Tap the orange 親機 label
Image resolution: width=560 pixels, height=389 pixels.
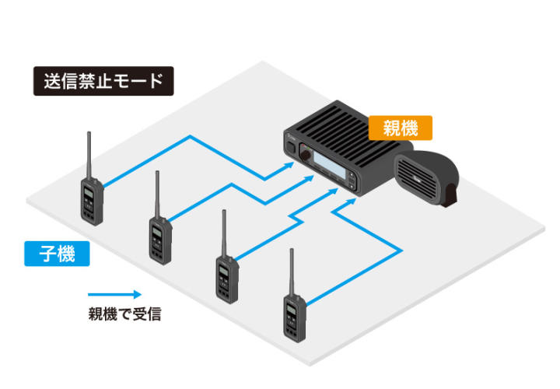pos(400,127)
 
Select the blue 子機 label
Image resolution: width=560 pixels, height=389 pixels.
pos(57,254)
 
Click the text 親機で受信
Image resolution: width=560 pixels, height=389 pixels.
pos(124,316)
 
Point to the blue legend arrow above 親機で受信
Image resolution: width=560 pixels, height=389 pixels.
pos(114,295)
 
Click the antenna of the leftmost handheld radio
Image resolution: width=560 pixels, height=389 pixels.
pos(88,156)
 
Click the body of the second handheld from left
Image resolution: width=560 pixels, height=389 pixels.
pos(159,240)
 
